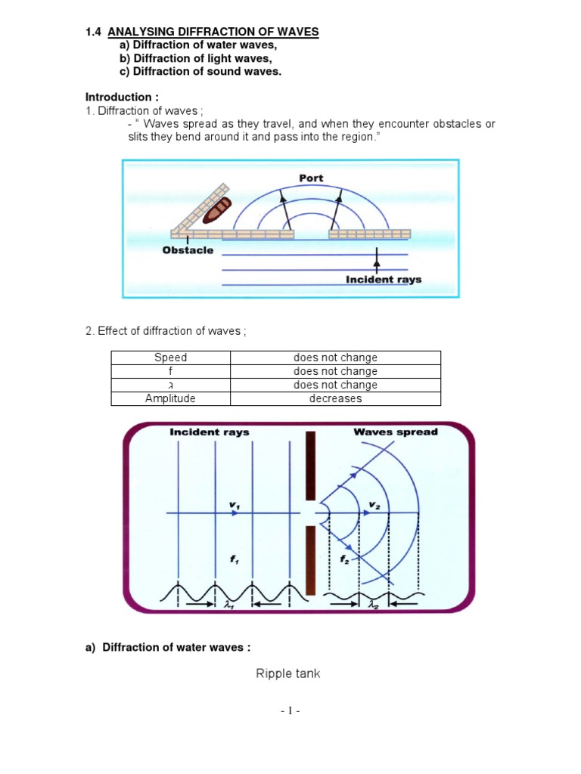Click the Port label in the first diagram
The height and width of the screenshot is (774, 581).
click(x=311, y=178)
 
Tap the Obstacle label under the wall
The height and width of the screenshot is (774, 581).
click(x=188, y=250)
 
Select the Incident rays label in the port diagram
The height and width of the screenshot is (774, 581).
click(x=383, y=279)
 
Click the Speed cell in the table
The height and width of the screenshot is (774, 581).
click(x=170, y=358)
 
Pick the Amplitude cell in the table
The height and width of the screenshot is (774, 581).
click(x=170, y=398)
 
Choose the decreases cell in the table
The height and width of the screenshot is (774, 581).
click(x=335, y=398)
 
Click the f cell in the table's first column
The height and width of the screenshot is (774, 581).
click(x=170, y=371)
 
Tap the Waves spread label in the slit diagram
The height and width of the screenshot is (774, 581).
click(x=395, y=432)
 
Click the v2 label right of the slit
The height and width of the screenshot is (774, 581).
click(x=374, y=504)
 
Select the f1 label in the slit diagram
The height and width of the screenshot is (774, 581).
click(x=234, y=560)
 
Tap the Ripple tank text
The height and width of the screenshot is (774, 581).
click(x=287, y=673)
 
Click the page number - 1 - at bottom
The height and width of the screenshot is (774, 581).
click(x=290, y=711)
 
